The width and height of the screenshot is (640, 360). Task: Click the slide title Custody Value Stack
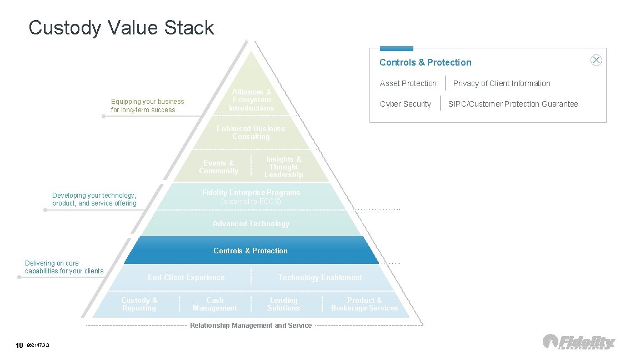click(x=121, y=28)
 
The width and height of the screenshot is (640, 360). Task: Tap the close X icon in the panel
click(x=596, y=61)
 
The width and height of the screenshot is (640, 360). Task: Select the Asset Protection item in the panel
click(x=408, y=83)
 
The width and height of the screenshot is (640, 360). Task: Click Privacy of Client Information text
click(x=501, y=83)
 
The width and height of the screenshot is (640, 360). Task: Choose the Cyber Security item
click(x=405, y=104)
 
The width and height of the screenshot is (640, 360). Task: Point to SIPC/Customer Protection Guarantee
click(x=513, y=104)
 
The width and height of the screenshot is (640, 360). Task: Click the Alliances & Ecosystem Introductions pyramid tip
click(x=252, y=100)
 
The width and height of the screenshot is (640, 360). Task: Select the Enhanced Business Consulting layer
click(x=251, y=132)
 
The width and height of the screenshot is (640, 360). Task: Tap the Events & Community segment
click(x=218, y=167)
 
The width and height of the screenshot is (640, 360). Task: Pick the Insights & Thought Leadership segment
click(x=283, y=167)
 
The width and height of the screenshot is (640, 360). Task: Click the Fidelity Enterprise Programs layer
click(x=251, y=197)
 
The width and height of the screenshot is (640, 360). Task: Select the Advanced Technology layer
click(x=251, y=224)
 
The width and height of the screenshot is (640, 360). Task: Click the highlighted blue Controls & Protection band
click(x=251, y=251)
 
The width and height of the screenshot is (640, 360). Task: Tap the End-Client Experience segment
click(x=186, y=277)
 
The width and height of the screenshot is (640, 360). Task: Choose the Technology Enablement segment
click(x=319, y=277)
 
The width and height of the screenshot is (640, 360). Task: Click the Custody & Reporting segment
click(x=139, y=304)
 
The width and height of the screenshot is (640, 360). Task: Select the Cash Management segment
click(x=214, y=304)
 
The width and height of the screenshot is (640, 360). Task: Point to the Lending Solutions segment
click(x=283, y=304)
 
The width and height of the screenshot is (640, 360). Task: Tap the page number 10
click(x=19, y=346)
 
